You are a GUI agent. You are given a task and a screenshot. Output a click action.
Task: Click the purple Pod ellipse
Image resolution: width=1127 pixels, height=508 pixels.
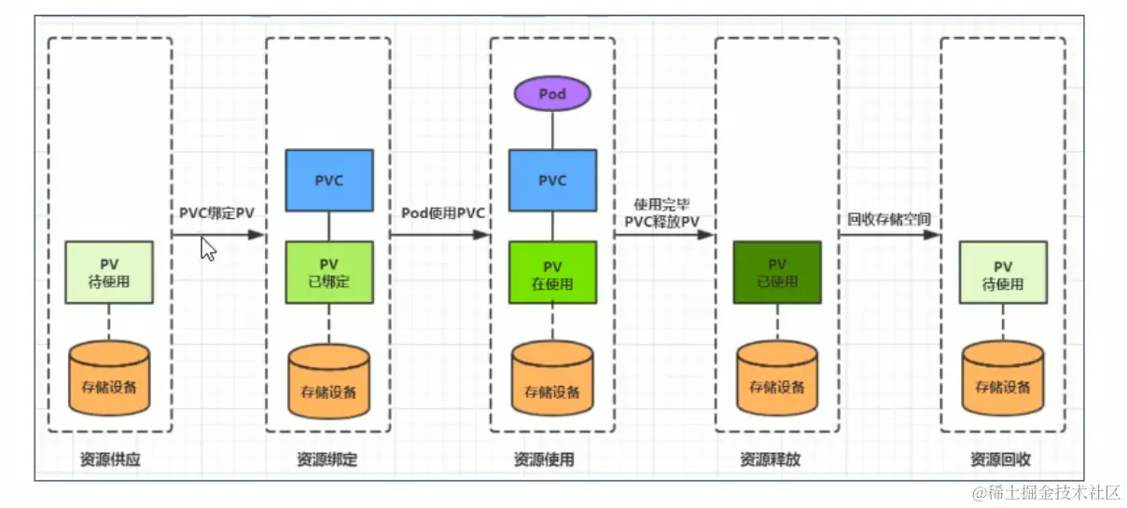tap(552, 94)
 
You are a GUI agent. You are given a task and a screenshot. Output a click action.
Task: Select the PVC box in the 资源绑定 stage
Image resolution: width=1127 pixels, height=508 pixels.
tap(328, 180)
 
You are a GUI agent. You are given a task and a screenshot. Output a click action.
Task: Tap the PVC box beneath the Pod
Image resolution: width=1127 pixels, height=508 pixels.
tap(552, 180)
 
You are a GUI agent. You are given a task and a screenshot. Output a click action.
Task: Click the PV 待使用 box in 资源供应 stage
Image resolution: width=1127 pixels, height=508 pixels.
tap(109, 272)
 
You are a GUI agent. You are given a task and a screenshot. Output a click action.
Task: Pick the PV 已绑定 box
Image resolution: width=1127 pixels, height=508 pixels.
tap(328, 272)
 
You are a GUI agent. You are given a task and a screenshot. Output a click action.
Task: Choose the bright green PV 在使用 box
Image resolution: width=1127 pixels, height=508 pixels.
tap(552, 272)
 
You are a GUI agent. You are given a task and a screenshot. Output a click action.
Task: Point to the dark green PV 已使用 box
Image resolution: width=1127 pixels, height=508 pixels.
tap(777, 272)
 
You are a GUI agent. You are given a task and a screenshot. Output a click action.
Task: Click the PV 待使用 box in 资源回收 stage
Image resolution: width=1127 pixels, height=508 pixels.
tap(1003, 272)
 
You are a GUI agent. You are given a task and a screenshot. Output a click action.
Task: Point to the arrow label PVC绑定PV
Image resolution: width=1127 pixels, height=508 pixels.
tap(216, 213)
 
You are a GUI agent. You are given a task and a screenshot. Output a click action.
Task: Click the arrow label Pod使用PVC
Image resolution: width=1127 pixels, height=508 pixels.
tap(443, 213)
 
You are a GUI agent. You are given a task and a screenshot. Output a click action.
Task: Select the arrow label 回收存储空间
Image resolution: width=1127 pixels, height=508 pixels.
tap(889, 220)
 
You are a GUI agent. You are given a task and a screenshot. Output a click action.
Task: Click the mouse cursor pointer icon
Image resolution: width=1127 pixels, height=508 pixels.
tap(209, 249)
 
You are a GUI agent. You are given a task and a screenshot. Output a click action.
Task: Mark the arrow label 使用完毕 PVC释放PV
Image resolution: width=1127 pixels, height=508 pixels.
tap(663, 212)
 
